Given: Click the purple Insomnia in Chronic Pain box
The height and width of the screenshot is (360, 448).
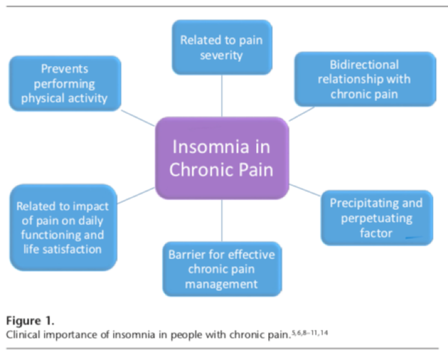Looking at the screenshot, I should [x=221, y=158].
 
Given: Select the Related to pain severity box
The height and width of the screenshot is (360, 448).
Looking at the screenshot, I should [x=221, y=47].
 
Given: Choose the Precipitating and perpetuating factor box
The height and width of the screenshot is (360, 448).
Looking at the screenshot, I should [x=376, y=217].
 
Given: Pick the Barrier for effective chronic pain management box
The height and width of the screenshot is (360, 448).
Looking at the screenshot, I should [x=221, y=269].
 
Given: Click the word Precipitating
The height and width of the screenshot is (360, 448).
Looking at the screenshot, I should [x=360, y=203].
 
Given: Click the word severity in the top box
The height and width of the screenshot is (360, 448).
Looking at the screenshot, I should [x=221, y=55].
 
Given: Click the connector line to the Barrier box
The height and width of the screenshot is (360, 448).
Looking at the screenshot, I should [x=221, y=220].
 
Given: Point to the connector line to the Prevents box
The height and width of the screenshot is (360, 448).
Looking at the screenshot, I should [x=138, y=118].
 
